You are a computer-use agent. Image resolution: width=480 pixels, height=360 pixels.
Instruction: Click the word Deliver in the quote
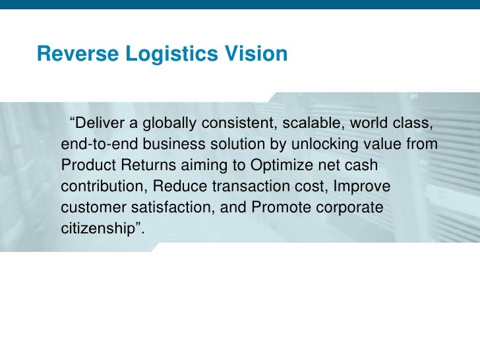(100, 123)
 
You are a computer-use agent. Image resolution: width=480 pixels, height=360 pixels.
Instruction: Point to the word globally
(171, 123)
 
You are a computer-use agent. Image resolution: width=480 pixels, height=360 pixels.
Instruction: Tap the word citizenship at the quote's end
(99, 229)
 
